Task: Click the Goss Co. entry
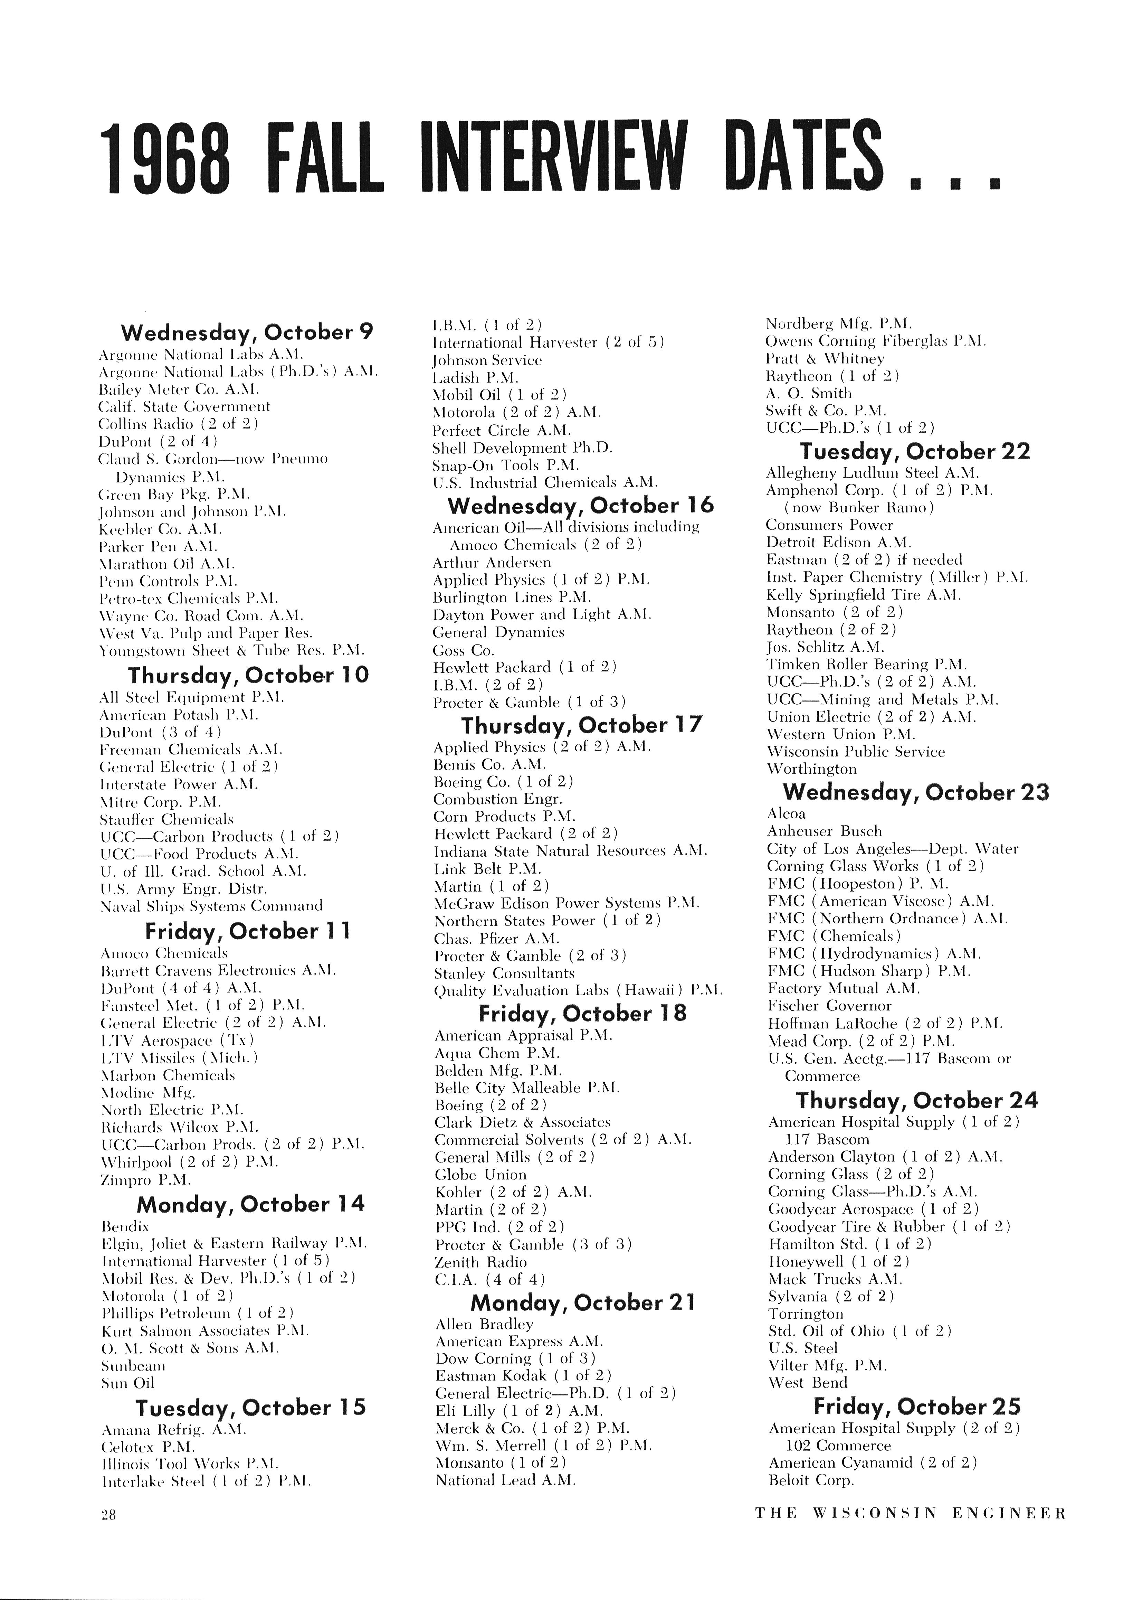point(464,650)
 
